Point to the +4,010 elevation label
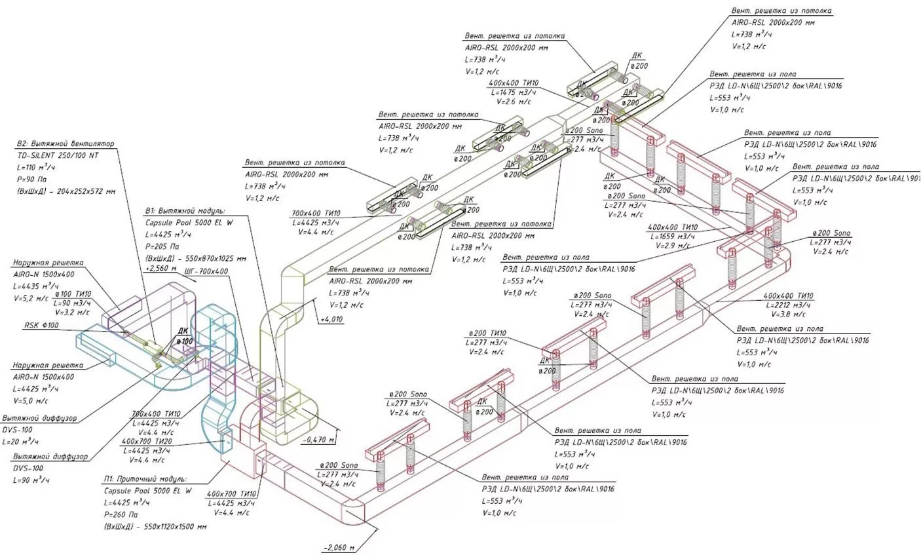click(333, 320)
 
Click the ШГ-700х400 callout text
click(206, 271)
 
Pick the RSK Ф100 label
click(41, 325)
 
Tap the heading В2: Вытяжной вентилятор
click(66, 144)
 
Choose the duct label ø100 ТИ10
click(72, 294)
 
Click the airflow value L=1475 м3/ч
click(516, 92)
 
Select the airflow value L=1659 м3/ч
click(671, 236)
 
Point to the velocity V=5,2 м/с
click(30, 298)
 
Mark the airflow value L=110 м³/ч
click(38, 168)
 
